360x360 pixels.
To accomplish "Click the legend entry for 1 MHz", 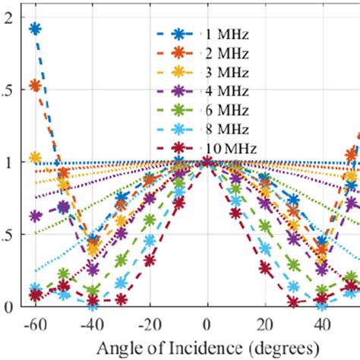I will (219, 35).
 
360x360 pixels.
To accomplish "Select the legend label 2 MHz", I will (219, 54).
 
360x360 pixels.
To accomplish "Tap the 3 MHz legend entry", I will (219, 72).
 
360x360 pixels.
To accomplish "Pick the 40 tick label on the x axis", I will (322, 323).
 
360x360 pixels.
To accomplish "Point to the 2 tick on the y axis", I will (7, 17).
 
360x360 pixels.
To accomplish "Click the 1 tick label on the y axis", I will (7, 163).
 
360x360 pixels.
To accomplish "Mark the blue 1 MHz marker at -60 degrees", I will (35, 29).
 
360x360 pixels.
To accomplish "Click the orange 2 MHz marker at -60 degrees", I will (35, 86).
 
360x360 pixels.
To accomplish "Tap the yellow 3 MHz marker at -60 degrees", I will (35, 157).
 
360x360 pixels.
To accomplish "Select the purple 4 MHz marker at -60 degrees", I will (35, 216).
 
